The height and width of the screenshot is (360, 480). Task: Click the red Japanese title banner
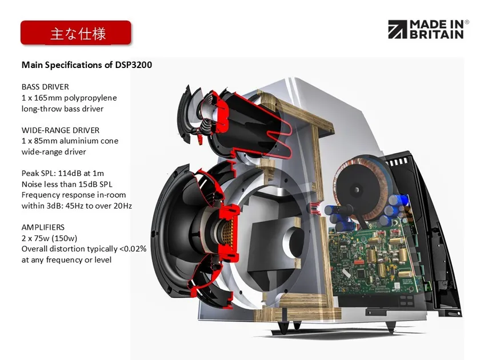coord(76,33)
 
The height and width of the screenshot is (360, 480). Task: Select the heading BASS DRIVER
coord(45,87)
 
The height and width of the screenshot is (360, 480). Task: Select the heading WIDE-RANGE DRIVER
coord(61,130)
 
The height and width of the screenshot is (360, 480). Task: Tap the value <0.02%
coord(133,249)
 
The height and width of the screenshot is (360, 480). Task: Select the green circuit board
coord(371,251)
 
